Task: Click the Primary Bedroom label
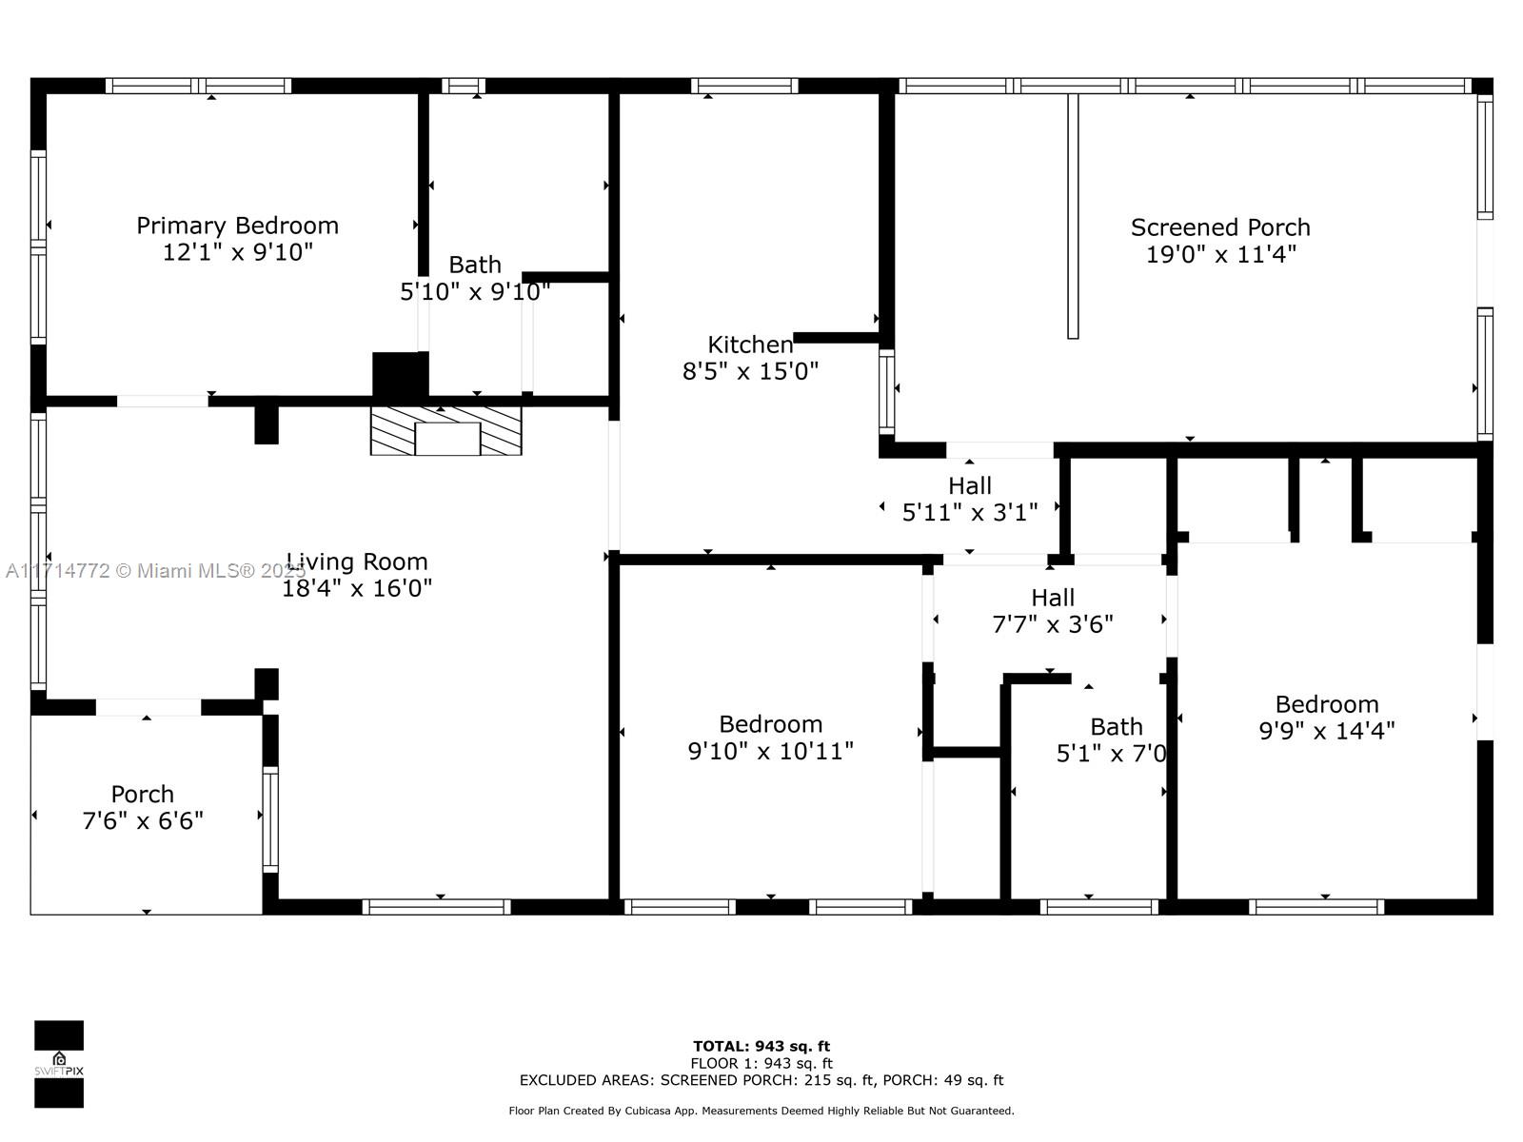pyautogui.click(x=237, y=226)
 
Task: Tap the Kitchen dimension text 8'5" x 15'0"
pyautogui.click(x=750, y=371)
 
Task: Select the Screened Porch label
pyautogui.click(x=1220, y=227)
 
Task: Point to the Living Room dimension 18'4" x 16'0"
pyautogui.click(x=357, y=588)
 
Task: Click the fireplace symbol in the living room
pyautogui.click(x=446, y=430)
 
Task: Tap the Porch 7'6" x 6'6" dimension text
pyautogui.click(x=142, y=820)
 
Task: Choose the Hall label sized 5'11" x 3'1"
pyautogui.click(x=969, y=485)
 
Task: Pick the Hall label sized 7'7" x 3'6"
pyautogui.click(x=1053, y=597)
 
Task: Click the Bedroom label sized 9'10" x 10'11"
pyautogui.click(x=770, y=724)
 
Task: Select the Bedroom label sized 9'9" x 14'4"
pyautogui.click(x=1327, y=704)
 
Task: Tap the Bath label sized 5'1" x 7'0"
pyautogui.click(x=1117, y=727)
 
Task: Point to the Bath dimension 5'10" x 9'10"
pyautogui.click(x=475, y=291)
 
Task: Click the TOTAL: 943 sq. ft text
pyautogui.click(x=761, y=1046)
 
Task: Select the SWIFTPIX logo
pyautogui.click(x=59, y=1064)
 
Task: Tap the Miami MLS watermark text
pyautogui.click(x=155, y=571)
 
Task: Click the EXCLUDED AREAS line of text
pyautogui.click(x=761, y=1079)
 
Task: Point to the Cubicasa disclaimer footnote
pyautogui.click(x=761, y=1111)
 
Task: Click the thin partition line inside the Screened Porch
pyautogui.click(x=1073, y=216)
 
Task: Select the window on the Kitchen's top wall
pyautogui.click(x=744, y=86)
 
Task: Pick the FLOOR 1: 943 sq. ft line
pyautogui.click(x=761, y=1063)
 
